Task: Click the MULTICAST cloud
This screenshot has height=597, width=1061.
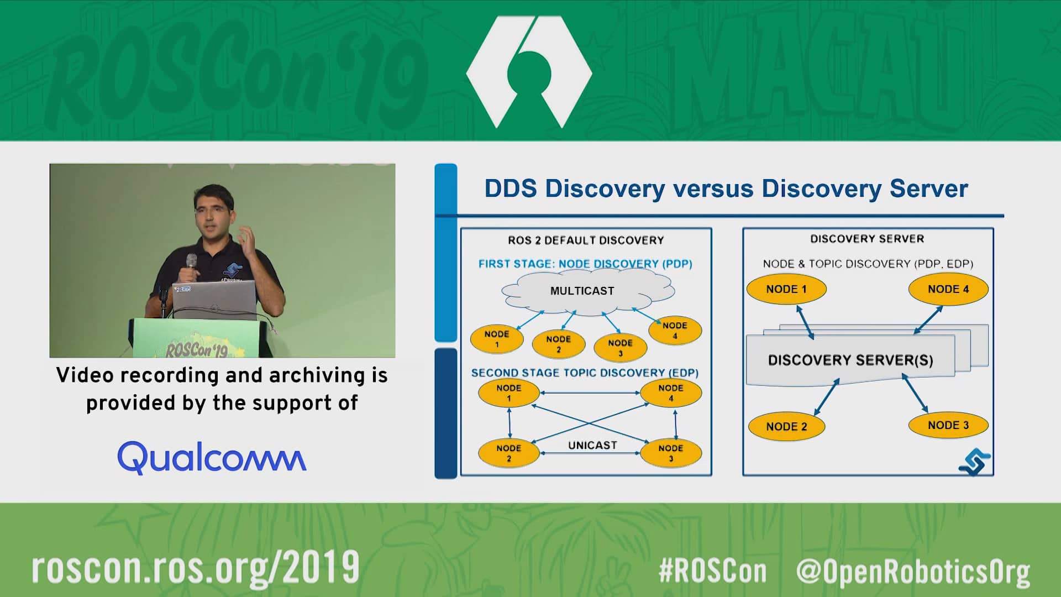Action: click(587, 291)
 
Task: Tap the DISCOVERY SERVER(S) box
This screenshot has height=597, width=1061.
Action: click(850, 360)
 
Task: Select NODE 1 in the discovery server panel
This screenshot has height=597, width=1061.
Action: click(786, 289)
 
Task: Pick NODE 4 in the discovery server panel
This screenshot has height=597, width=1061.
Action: click(948, 289)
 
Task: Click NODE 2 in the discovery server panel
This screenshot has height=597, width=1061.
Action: click(786, 426)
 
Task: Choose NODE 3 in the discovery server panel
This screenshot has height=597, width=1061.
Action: click(948, 425)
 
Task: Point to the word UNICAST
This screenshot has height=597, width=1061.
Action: click(592, 445)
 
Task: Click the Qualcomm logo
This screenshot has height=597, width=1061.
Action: click(212, 458)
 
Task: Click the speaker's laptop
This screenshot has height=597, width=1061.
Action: click(214, 298)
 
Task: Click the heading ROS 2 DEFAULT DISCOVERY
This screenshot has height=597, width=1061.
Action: click(586, 240)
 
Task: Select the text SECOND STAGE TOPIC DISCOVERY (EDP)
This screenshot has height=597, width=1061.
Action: click(585, 373)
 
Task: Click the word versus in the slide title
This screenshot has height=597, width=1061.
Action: click(712, 188)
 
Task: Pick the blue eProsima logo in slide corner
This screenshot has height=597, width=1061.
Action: click(974, 462)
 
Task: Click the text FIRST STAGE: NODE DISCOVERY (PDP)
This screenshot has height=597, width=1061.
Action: click(585, 264)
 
